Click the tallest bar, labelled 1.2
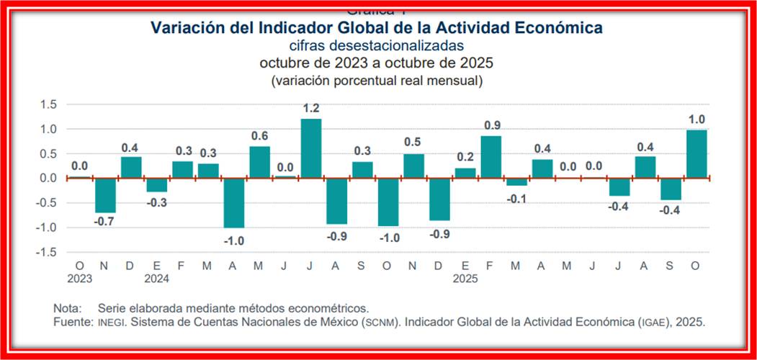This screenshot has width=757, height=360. click(x=310, y=148)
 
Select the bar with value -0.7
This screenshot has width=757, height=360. click(x=105, y=195)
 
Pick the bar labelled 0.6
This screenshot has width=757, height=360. click(x=259, y=162)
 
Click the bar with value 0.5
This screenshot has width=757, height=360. click(x=413, y=166)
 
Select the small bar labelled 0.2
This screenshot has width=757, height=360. click(x=465, y=173)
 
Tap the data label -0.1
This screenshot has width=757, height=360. click(x=516, y=199)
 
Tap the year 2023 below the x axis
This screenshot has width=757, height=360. click(x=80, y=276)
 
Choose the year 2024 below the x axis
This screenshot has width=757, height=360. click(x=156, y=276)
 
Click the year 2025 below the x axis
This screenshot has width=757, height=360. click(x=465, y=276)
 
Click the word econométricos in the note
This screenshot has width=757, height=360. click(x=332, y=308)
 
